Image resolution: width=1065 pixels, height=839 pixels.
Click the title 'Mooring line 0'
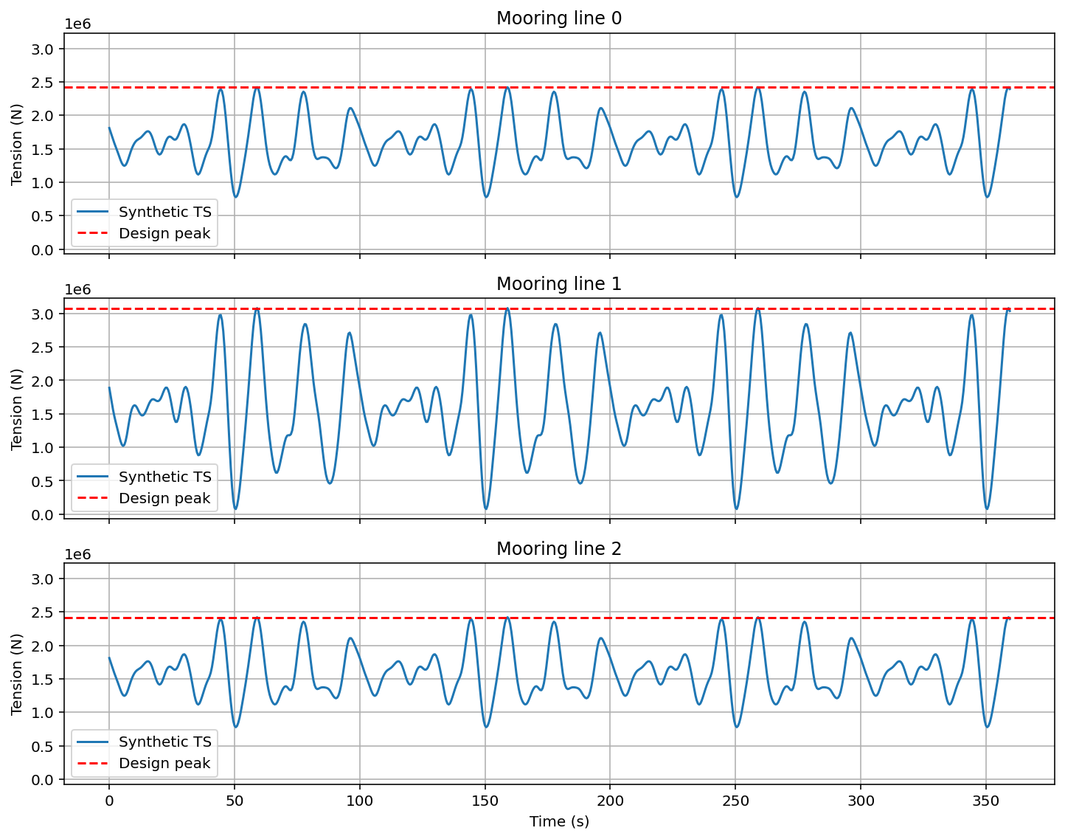coord(558,18)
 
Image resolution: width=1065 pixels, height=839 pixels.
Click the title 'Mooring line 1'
coord(558,283)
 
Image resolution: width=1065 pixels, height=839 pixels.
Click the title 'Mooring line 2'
coord(558,548)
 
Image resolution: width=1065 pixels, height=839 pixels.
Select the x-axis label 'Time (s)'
coord(558,821)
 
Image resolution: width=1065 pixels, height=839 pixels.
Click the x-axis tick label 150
coord(485,801)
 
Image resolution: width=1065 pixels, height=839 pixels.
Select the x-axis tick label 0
coord(109,801)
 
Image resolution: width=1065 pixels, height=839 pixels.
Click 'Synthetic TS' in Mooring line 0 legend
coord(164,213)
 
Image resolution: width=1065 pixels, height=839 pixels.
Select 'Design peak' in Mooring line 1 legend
coord(164,498)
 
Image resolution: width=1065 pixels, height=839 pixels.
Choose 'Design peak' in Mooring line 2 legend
coord(164,763)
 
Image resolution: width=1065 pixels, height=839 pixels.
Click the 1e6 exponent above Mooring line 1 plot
coord(77,289)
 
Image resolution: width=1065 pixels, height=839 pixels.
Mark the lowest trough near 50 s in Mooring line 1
coord(235,508)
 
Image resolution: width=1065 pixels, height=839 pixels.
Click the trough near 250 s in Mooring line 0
coord(736,197)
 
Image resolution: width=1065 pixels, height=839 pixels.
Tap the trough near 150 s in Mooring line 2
coord(486,727)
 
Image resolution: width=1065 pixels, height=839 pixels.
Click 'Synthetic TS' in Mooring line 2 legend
coord(164,742)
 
